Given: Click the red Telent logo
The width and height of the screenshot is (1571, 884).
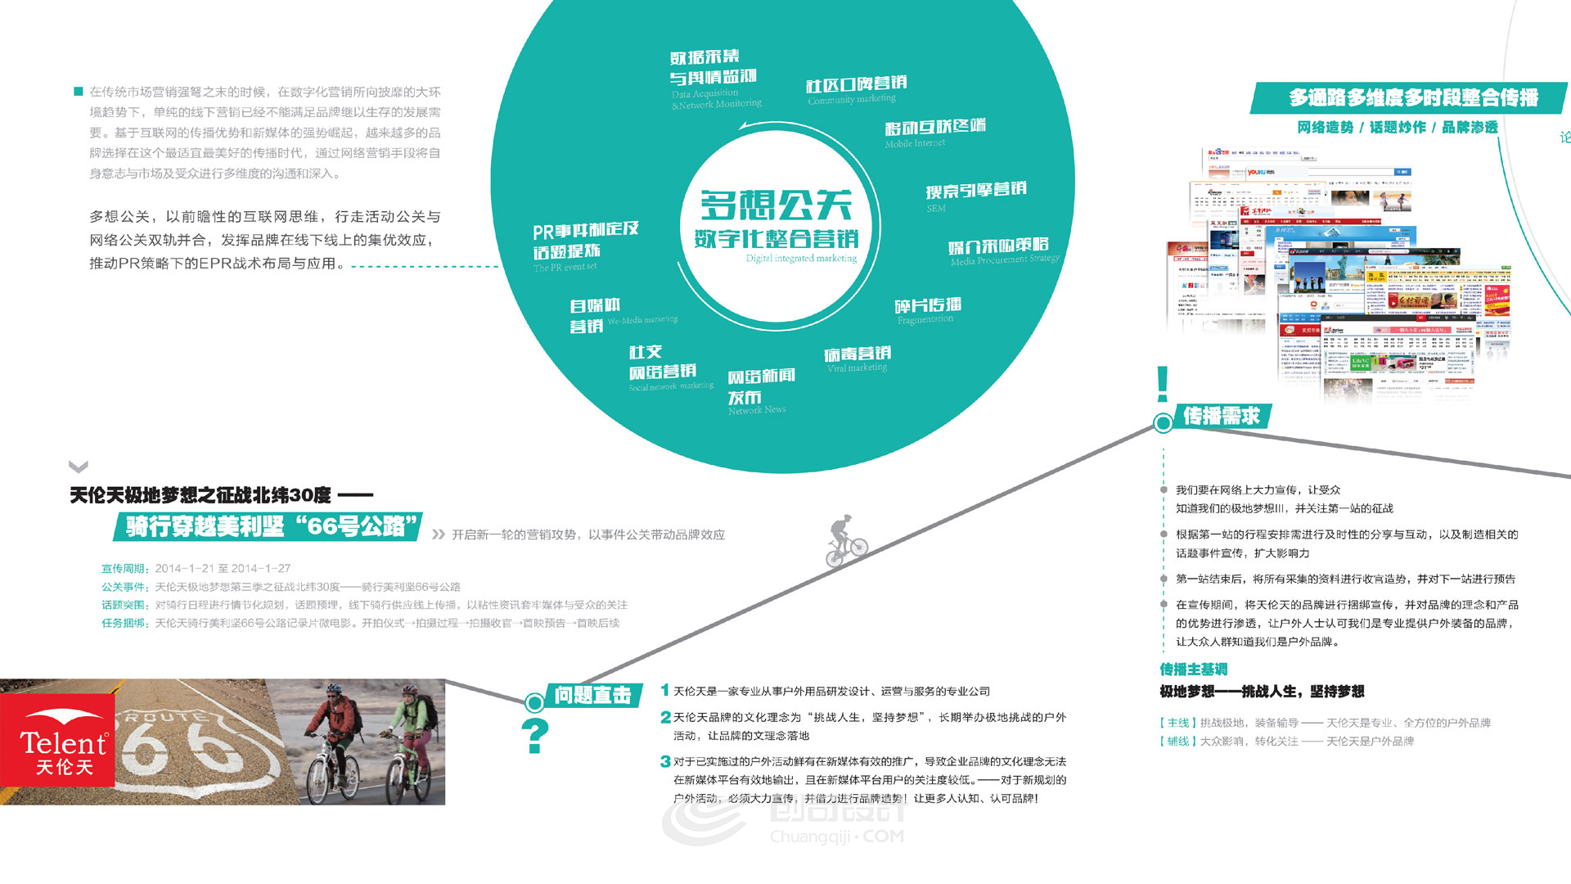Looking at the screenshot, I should tap(57, 741).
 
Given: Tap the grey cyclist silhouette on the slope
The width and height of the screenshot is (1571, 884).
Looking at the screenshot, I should tap(846, 542).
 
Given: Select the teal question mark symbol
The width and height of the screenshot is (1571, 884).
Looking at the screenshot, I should tap(535, 736).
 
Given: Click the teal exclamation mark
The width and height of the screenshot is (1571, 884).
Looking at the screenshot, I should tap(1162, 384).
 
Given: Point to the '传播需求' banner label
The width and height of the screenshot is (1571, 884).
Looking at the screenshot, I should tap(1222, 417).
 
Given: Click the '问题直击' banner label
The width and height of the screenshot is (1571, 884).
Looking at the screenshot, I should tap(592, 696).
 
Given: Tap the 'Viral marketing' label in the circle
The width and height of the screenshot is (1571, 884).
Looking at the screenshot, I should tap(857, 368).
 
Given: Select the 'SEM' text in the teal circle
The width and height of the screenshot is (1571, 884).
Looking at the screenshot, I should tap(936, 209).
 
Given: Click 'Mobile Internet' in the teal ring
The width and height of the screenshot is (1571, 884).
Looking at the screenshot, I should tap(915, 143).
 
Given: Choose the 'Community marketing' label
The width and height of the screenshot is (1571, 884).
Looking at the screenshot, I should tap(852, 100).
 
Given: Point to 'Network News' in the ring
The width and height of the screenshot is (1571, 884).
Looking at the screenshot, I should tap(757, 410).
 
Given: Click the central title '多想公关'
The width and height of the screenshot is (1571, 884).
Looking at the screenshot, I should tap(776, 205).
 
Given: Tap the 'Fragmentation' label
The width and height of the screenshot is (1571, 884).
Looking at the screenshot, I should tap(925, 319).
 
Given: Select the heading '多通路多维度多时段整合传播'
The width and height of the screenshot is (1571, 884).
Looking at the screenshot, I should tap(1413, 98).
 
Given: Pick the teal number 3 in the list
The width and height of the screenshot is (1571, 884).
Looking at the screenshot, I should tap(665, 762).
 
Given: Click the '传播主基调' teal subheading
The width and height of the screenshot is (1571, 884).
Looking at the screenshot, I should tap(1193, 670).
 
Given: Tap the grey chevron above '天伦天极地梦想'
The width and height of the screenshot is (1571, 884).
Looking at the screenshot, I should tap(79, 467).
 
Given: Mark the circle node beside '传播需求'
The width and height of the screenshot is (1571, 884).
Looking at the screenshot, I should tap(1163, 423).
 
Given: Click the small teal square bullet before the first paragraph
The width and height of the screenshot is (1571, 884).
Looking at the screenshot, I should tap(79, 92).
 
